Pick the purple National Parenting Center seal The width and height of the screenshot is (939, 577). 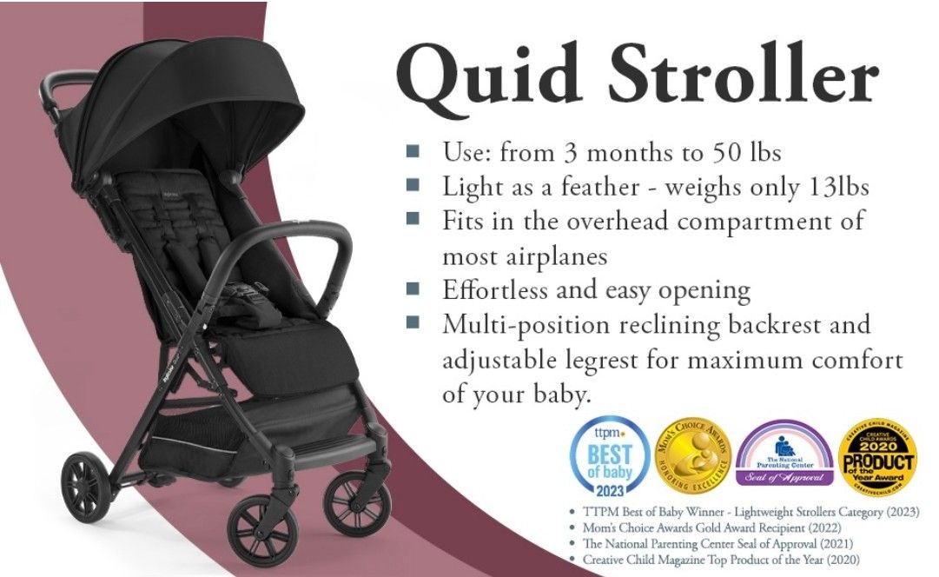784,453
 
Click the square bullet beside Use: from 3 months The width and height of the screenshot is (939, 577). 413,152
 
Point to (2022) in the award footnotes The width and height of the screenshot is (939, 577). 803,527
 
